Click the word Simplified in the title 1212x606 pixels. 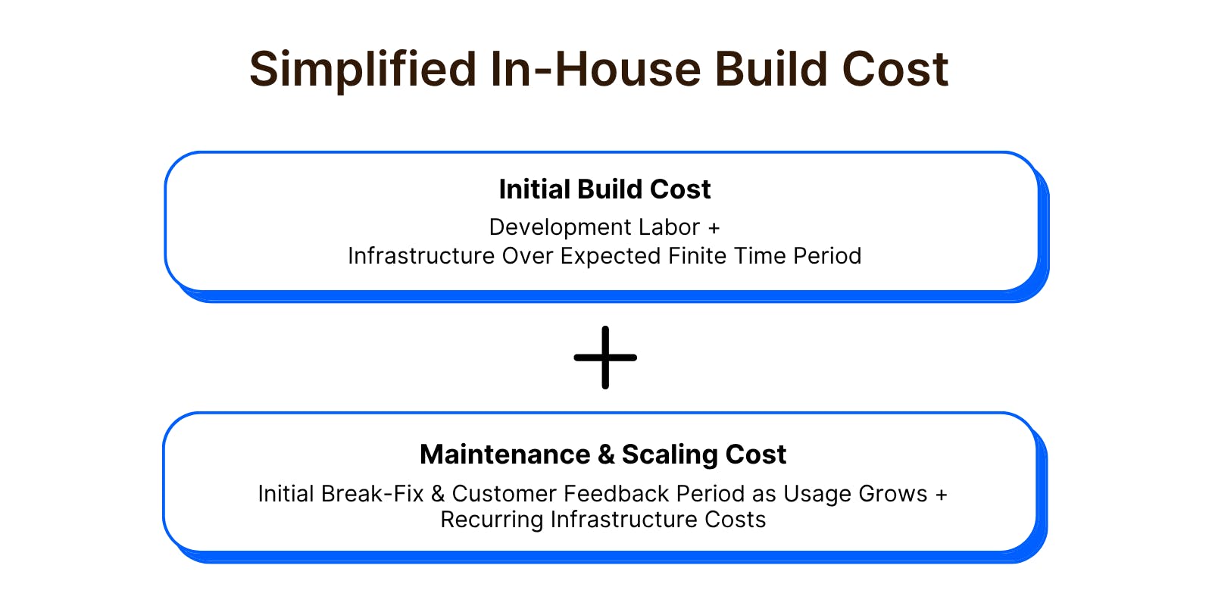[363, 70]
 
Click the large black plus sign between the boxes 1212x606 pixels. [605, 357]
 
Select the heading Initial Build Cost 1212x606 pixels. [604, 189]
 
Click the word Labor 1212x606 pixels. [670, 227]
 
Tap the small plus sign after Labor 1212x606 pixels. [714, 228]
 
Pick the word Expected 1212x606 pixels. [611, 257]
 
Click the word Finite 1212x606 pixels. [698, 256]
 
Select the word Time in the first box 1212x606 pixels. [760, 256]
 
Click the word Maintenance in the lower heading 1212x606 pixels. [504, 454]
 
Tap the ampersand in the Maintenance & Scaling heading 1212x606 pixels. [606, 454]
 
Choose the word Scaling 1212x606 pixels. [670, 455]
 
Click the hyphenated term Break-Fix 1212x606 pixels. [372, 494]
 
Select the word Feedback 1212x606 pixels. [616, 494]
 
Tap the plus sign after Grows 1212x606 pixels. [942, 495]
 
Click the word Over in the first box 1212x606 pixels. [525, 256]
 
